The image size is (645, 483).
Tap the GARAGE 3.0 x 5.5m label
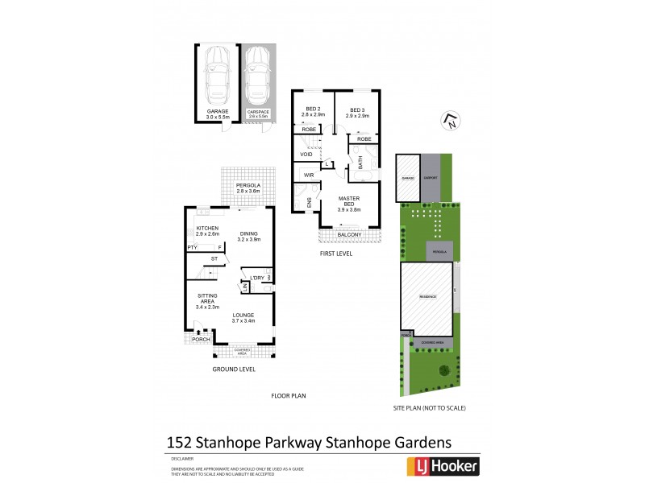click(x=218, y=114)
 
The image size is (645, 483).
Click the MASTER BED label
click(x=349, y=202)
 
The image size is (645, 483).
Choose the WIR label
click(x=308, y=175)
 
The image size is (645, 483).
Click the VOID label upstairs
click(x=306, y=154)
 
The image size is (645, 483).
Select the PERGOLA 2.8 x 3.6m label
click(x=248, y=188)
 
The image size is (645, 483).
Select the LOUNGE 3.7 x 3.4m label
click(x=243, y=318)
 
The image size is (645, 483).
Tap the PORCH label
click(x=200, y=339)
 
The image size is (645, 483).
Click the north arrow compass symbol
click(x=449, y=122)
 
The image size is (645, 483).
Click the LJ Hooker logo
click(x=440, y=465)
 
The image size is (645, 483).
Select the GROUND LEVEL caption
click(x=234, y=369)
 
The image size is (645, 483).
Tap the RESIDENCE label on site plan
click(x=427, y=296)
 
